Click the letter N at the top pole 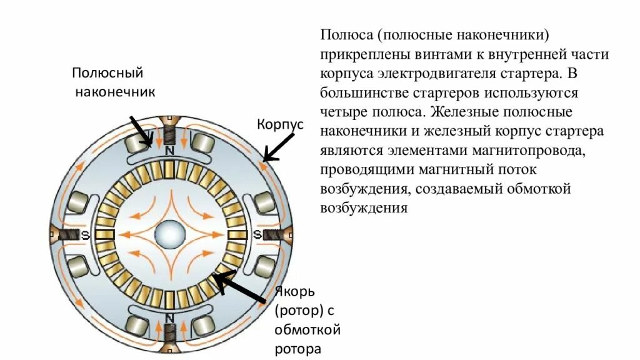(169, 151)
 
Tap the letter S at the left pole (82, 234)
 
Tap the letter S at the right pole (257, 234)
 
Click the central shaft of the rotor (169, 234)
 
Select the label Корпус (280, 124)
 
